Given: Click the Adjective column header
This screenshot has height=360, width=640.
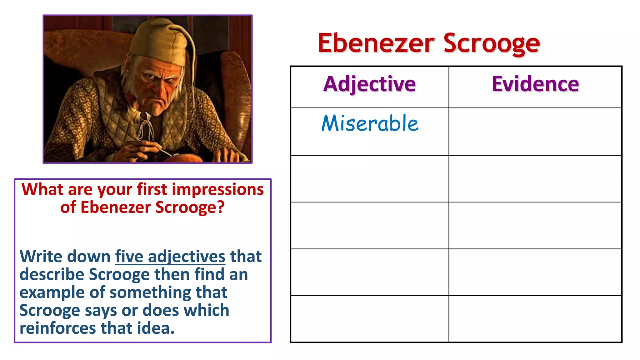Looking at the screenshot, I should (x=369, y=84).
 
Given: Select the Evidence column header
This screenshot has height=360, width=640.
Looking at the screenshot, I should (x=535, y=84).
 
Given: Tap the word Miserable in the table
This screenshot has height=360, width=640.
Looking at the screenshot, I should (x=370, y=123).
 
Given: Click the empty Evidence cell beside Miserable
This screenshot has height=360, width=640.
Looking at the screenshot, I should (x=535, y=132).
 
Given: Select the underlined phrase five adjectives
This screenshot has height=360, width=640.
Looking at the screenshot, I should (x=170, y=257).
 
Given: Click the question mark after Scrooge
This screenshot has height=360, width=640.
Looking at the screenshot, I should (x=221, y=207).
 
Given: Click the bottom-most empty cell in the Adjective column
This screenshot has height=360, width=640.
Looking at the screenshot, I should (x=369, y=319).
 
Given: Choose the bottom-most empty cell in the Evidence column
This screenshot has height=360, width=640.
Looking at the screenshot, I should (x=535, y=319).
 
